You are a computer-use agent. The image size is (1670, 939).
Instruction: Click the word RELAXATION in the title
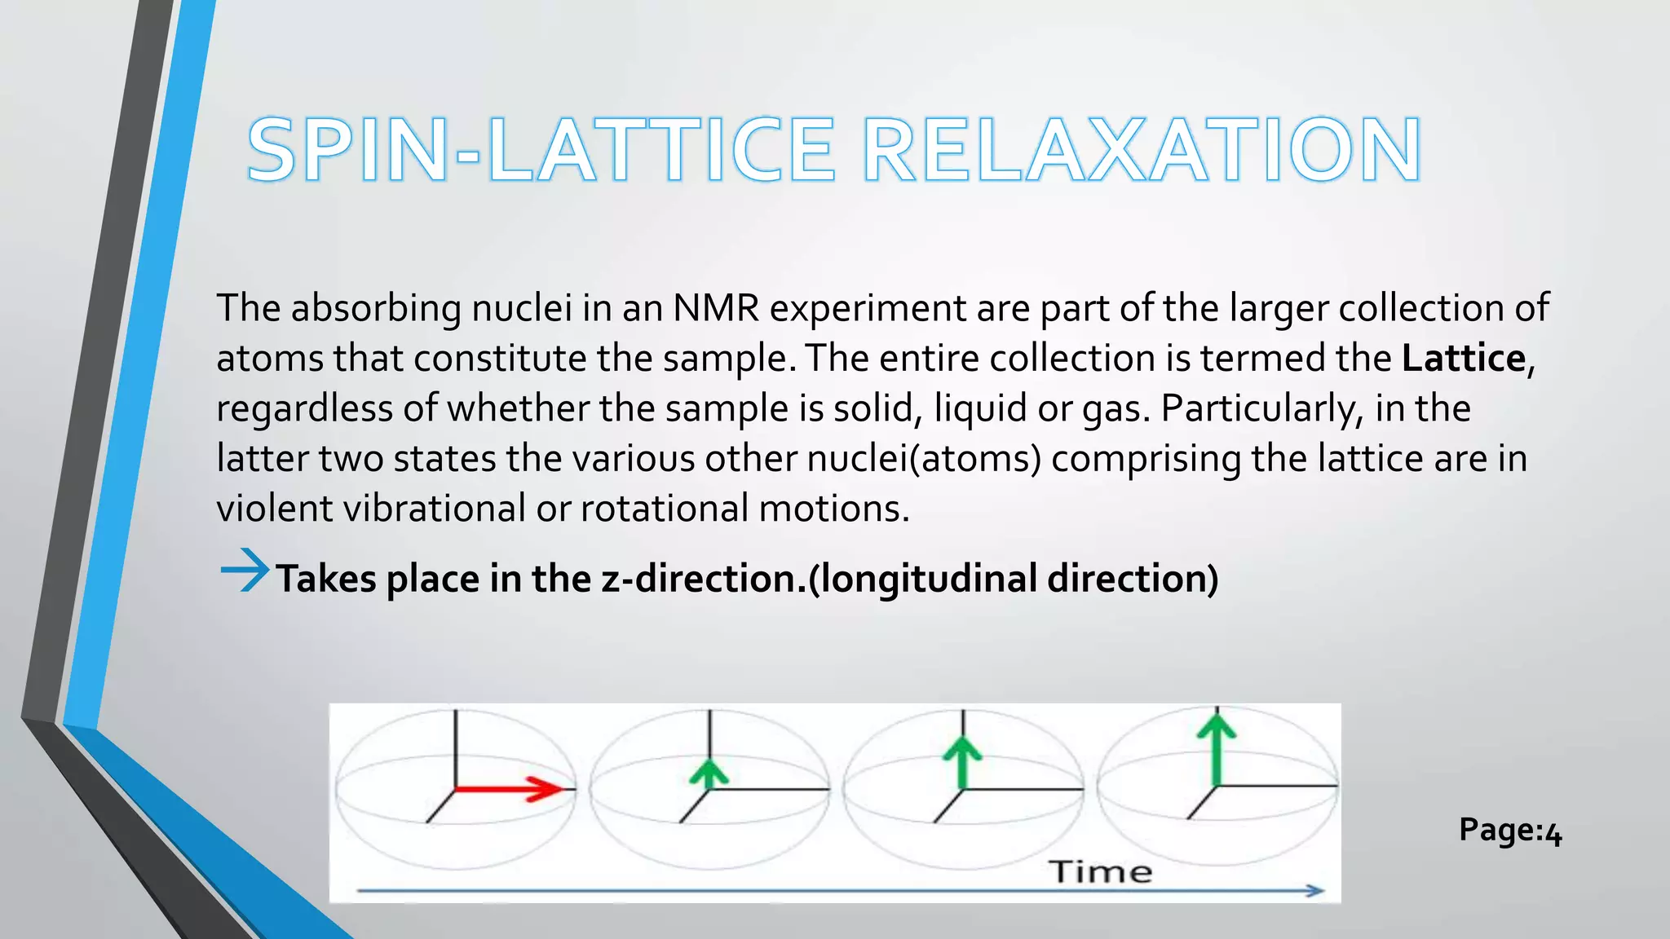[x=1142, y=151]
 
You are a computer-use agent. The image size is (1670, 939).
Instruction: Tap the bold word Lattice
[x=1463, y=359]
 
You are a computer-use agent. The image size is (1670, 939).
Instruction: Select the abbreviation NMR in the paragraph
[x=715, y=308]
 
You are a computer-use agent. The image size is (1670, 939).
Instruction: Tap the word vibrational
[x=434, y=509]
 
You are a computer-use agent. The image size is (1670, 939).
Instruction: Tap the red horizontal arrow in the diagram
[x=507, y=788]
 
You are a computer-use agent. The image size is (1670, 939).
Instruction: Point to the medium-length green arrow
[x=963, y=763]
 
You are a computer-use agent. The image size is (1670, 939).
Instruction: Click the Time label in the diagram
[x=1100, y=871]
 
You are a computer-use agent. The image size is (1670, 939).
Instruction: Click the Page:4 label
[x=1510, y=831]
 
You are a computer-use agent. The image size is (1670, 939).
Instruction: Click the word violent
[x=275, y=509]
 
